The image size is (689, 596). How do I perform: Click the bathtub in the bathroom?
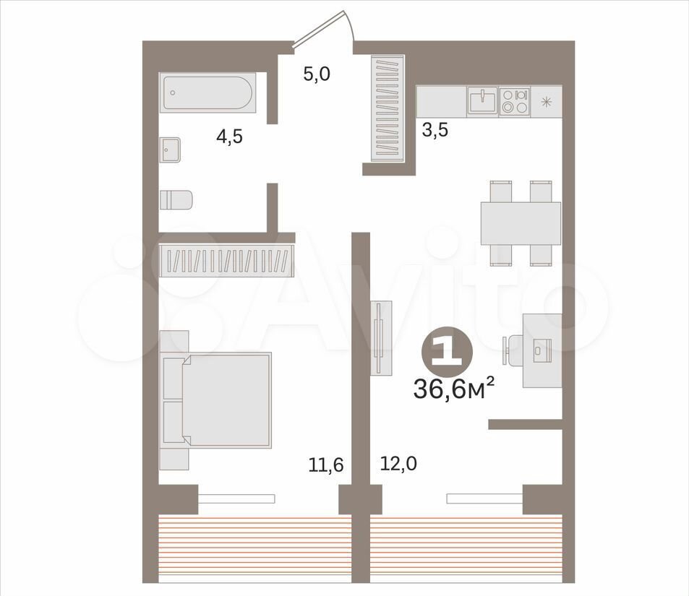tap(207, 92)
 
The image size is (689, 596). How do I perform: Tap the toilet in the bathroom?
tap(176, 200)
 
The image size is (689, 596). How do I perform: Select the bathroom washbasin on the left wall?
tap(170, 150)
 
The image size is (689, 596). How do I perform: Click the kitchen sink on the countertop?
tap(482, 100)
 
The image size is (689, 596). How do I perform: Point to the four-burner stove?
tap(515, 101)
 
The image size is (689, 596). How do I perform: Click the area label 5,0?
tap(317, 74)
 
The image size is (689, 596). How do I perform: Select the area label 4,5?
tap(229, 137)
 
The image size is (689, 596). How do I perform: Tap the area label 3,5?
tap(435, 130)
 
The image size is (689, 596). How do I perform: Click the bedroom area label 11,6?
tap(325, 465)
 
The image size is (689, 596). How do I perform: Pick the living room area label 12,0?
tap(398, 463)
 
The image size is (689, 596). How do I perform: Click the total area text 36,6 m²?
tap(454, 389)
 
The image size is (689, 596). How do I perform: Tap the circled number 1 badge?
tap(447, 350)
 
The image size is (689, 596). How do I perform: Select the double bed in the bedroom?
tap(215, 400)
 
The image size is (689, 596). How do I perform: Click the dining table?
tap(521, 223)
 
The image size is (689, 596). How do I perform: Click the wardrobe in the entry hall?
tap(388, 108)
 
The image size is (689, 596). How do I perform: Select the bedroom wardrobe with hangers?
tap(226, 261)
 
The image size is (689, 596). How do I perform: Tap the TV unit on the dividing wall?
tap(381, 338)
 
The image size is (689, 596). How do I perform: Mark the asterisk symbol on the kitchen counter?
tap(546, 102)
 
